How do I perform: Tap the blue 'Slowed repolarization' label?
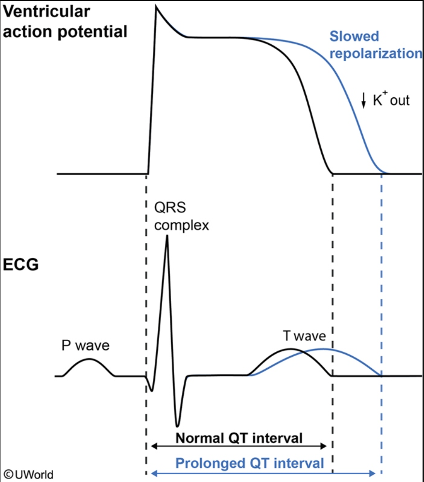tap(375, 44)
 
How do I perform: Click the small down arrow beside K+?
tap(364, 100)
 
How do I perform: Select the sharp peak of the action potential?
tap(156, 7)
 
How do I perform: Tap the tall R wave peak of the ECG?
tap(167, 236)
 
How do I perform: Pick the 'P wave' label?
tap(85, 345)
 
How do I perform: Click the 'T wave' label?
tap(304, 336)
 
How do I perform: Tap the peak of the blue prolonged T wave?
tap(322, 348)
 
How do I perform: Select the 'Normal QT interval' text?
tap(239, 438)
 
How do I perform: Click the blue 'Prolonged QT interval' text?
tap(249, 464)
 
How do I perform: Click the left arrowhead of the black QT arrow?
tap(153, 446)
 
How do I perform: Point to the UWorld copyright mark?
tap(27, 473)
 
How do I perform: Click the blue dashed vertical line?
tap(382, 289)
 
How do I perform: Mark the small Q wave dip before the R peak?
tap(151, 389)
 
